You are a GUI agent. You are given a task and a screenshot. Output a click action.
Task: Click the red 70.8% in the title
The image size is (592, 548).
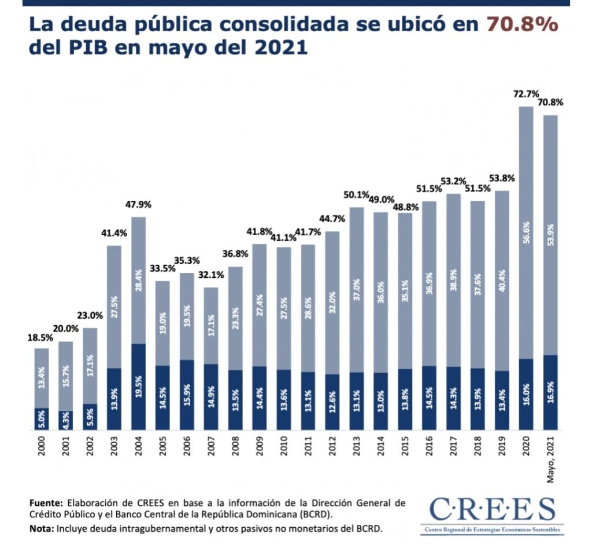click(522, 25)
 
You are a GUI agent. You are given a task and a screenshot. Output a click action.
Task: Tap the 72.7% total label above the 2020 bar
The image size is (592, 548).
click(526, 94)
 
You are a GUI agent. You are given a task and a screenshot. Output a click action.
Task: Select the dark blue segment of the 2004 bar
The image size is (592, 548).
click(139, 387)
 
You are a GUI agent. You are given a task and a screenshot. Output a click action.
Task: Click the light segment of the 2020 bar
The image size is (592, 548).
click(526, 233)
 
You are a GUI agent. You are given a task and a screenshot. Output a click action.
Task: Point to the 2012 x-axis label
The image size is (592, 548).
click(332, 446)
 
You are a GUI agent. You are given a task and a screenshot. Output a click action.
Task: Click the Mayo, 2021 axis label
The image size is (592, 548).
click(550, 459)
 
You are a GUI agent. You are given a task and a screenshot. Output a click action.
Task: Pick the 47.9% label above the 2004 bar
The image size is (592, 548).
click(138, 204)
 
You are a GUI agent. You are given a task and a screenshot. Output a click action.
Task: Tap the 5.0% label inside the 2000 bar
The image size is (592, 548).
click(42, 420)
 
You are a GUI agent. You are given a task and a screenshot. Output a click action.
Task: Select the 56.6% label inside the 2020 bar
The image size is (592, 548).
click(526, 233)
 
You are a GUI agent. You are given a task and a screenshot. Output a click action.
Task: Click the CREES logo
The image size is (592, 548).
click(493, 514)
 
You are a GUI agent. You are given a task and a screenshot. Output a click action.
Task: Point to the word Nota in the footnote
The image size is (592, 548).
click(42, 528)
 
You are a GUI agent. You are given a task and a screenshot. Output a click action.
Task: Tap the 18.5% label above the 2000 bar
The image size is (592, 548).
click(40, 338)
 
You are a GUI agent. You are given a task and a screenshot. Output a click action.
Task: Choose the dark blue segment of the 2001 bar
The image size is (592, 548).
click(66, 420)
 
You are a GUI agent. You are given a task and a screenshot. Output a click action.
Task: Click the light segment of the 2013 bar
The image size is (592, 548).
click(356, 290)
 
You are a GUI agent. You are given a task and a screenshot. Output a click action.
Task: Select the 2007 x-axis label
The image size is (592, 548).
click(211, 446)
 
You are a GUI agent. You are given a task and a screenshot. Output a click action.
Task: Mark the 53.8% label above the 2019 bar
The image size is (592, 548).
click(502, 178)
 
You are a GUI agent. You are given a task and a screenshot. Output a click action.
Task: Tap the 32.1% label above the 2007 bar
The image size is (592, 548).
click(211, 275)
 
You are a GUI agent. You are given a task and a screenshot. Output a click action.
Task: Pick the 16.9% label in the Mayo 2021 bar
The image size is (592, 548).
click(550, 393)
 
